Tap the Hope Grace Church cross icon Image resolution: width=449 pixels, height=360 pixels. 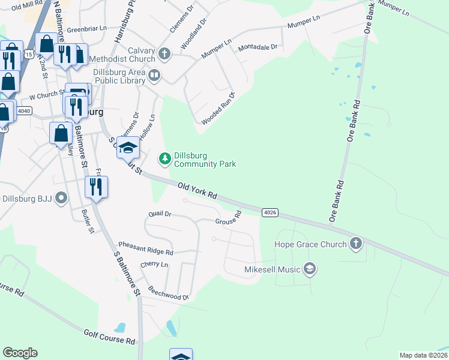(355, 244)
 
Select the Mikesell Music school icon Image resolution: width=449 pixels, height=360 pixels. (310, 269)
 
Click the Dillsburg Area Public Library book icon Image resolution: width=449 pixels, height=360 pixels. (154, 75)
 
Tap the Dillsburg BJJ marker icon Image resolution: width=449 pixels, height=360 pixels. (61, 199)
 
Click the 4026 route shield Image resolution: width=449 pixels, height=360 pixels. (270, 212)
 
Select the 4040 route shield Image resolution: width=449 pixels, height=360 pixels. (24, 110)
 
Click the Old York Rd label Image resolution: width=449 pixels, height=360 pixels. (197, 192)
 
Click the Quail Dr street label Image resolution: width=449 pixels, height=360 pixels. (160, 214)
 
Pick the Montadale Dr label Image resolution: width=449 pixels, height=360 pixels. (258, 47)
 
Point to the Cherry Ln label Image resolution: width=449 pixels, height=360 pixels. (154, 265)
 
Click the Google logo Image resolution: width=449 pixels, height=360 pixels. (20, 353)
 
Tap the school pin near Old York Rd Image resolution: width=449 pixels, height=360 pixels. (128, 148)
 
